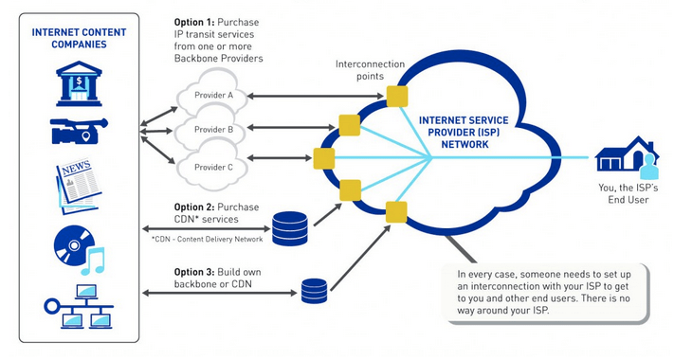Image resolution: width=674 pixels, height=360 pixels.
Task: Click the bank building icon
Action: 80,81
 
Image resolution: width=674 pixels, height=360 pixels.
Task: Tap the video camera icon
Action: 79,131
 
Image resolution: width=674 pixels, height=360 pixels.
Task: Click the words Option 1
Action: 196,21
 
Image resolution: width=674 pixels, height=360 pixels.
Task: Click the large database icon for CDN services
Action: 290,228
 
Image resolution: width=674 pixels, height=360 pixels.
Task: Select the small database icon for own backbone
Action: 314,290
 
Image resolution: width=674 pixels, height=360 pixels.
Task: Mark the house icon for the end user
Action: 628,156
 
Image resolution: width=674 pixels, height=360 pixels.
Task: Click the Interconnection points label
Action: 371,70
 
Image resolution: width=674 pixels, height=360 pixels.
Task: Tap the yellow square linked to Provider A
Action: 397,95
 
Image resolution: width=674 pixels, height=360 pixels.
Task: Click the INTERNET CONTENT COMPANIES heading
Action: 80,36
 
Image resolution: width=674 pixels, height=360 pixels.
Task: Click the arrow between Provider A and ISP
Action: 317,96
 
